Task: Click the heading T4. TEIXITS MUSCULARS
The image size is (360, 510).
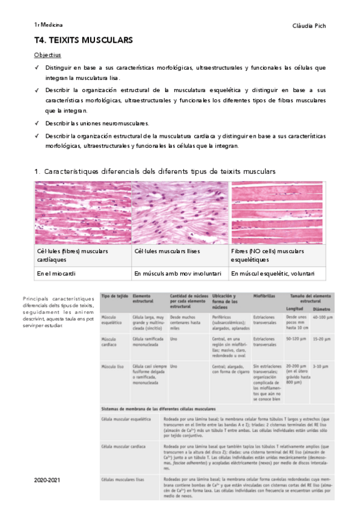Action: pyautogui.click(x=84, y=40)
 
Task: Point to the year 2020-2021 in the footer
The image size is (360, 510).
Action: pyautogui.click(x=47, y=480)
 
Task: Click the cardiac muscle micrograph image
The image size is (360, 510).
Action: pyautogui.click(x=82, y=213)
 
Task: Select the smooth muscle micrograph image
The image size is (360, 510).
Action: pyautogui.click(x=180, y=213)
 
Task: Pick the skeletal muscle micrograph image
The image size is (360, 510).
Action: pyautogui.click(x=278, y=213)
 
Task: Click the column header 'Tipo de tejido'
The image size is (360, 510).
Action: pyautogui.click(x=113, y=296)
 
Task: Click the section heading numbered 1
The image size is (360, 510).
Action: pyautogui.click(x=156, y=171)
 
